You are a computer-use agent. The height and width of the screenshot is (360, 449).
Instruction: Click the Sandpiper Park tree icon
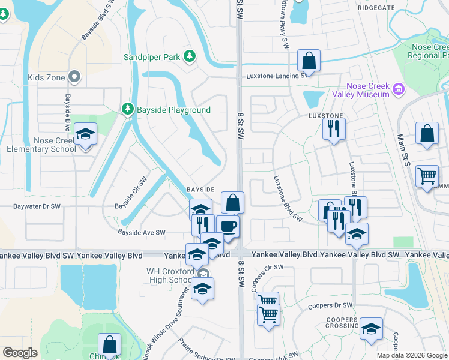click(190, 56)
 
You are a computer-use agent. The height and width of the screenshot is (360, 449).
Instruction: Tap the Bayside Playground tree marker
click(127, 109)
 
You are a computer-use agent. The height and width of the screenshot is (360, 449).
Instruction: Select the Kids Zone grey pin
click(74, 77)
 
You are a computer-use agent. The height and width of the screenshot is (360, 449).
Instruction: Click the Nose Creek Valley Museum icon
click(397, 90)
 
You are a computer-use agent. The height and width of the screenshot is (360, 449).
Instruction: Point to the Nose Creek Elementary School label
click(38, 145)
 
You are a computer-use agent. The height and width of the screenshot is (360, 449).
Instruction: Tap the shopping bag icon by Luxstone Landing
click(309, 61)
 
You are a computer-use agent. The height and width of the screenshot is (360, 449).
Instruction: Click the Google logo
click(20, 353)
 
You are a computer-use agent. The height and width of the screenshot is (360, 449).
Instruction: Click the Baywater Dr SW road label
click(37, 206)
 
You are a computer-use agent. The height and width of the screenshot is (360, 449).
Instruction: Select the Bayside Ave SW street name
click(141, 232)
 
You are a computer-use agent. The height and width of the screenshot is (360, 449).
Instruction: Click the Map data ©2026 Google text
click(411, 355)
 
